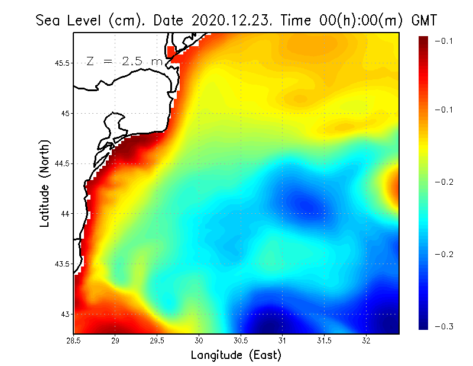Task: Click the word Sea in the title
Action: tap(49, 20)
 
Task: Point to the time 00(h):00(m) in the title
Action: tap(349, 20)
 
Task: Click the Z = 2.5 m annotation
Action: tap(124, 62)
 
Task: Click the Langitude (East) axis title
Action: tap(236, 355)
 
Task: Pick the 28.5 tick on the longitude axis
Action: tap(74, 341)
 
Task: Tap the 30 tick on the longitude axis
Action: tap(199, 341)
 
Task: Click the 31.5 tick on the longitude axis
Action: tap(325, 341)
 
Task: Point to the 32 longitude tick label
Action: tap(367, 341)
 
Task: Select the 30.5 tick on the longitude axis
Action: tap(241, 341)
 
